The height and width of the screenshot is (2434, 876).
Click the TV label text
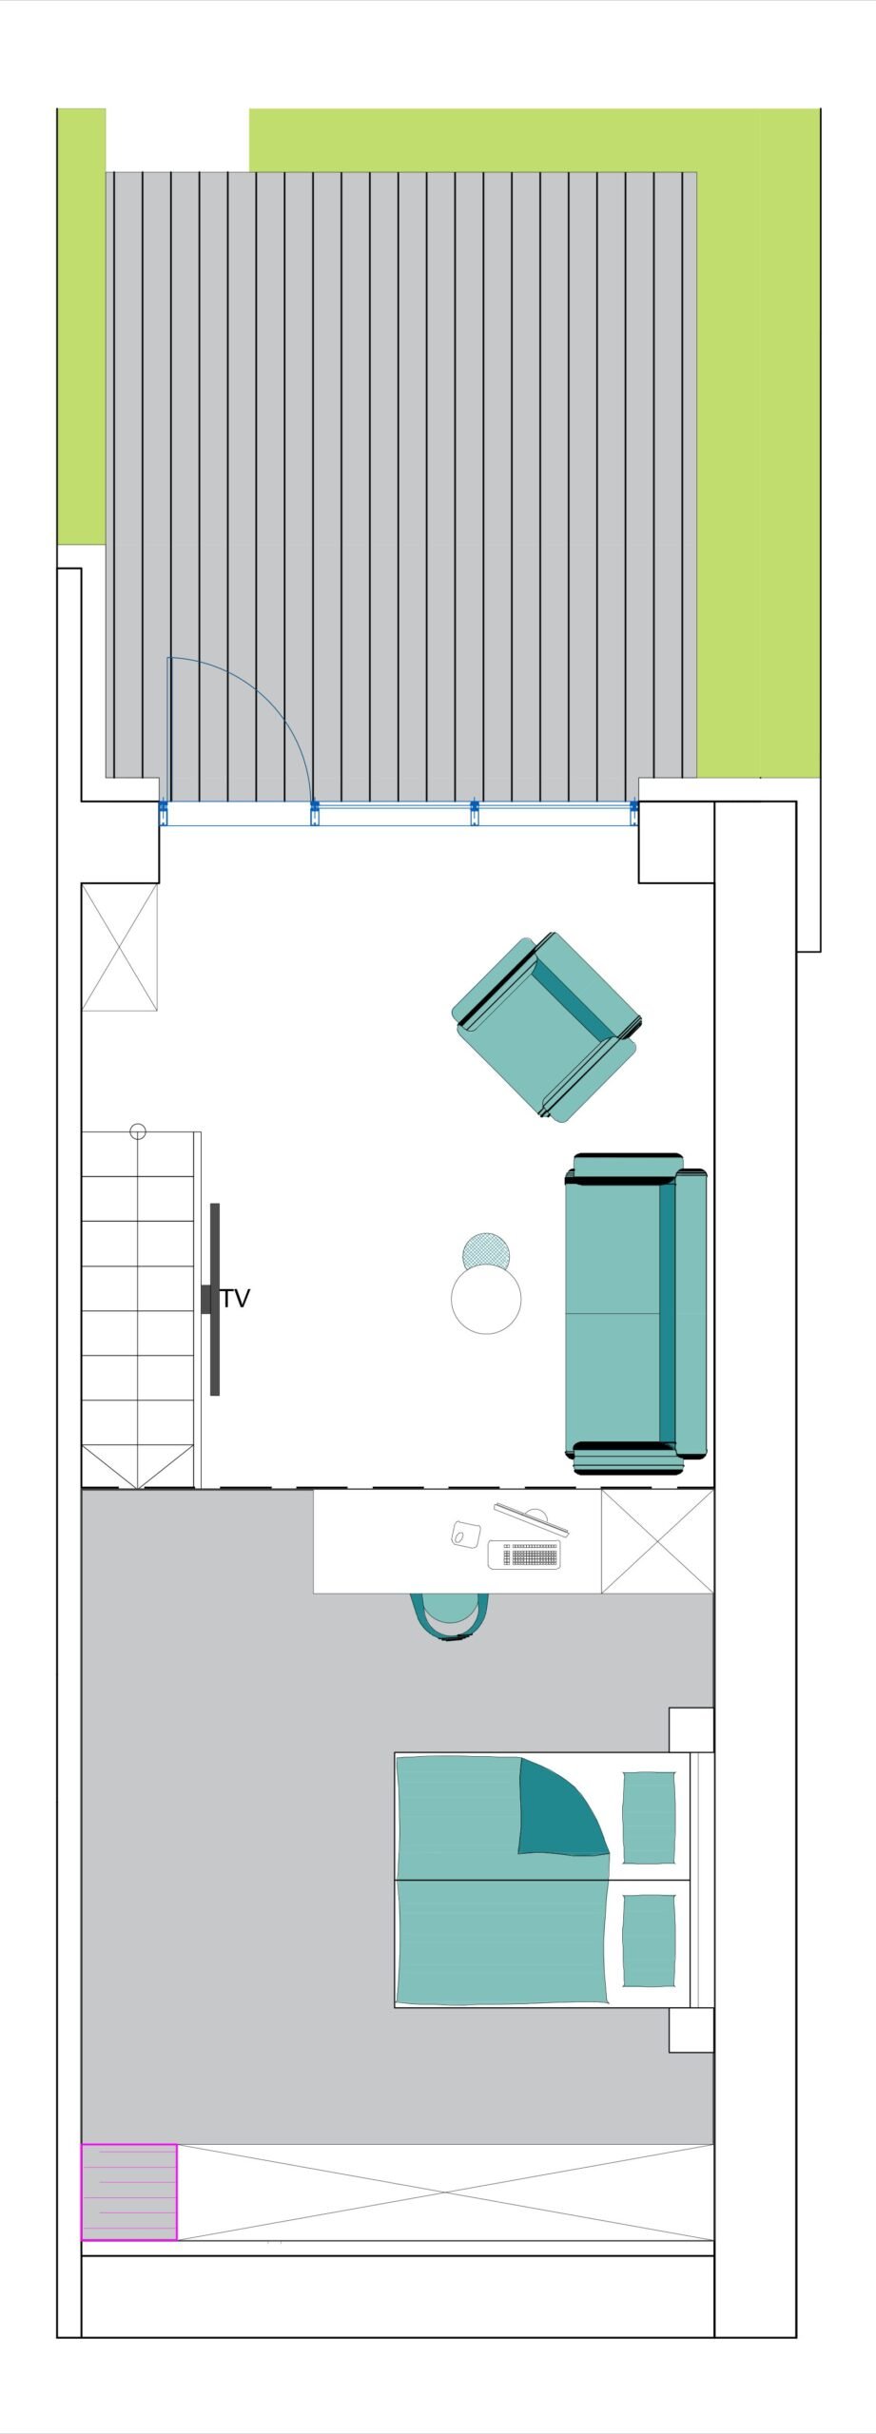[x=235, y=1299]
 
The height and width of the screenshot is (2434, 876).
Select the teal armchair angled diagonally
[x=546, y=1027]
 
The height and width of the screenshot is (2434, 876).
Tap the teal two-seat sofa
[x=636, y=1313]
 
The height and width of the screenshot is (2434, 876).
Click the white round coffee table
[x=486, y=1299]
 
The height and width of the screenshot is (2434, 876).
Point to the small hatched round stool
[x=486, y=1249]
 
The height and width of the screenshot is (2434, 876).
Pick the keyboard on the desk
[x=524, y=1555]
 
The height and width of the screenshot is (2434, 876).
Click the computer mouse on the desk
[x=465, y=1534]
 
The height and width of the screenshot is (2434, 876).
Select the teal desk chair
[x=451, y=1617]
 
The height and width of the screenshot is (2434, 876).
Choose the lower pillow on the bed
[x=649, y=1941]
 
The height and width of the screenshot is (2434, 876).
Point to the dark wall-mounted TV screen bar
[x=215, y=1300]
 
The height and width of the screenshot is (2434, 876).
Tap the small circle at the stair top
[x=138, y=1131]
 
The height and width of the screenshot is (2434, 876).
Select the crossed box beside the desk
[x=657, y=1541]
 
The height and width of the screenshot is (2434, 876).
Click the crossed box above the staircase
[x=120, y=947]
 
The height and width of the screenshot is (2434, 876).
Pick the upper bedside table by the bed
[x=691, y=1729]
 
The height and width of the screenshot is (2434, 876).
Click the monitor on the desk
[x=532, y=1518]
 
